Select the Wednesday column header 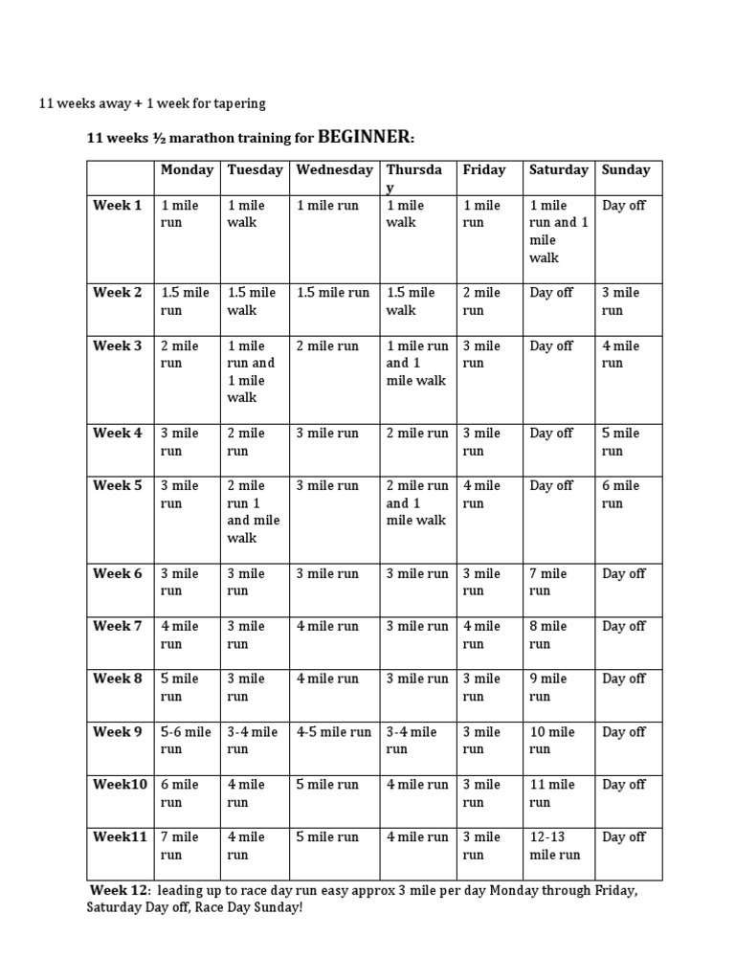point(334,170)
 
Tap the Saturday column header point(559,170)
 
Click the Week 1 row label point(117,205)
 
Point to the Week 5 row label point(117,485)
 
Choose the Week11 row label point(120,836)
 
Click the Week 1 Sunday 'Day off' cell point(624,205)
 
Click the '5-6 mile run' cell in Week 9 point(186,741)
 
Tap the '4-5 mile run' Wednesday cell point(334,732)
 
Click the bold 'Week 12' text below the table point(119,890)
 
